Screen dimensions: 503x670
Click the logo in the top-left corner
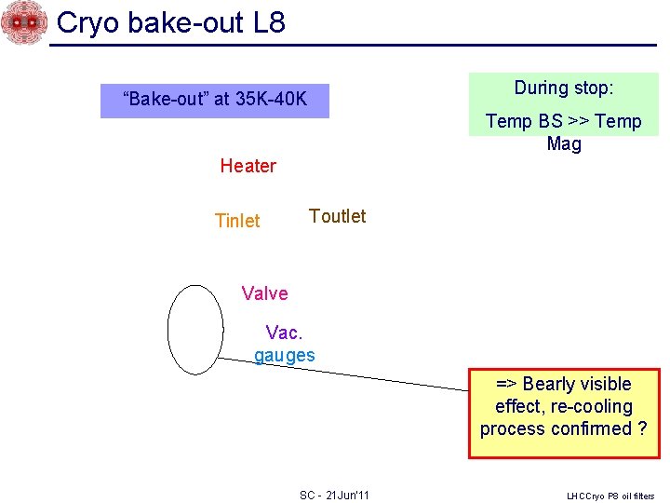(x=23, y=22)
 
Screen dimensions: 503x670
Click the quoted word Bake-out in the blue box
(x=165, y=99)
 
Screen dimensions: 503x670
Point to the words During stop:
(x=563, y=88)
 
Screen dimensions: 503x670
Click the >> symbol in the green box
(x=577, y=122)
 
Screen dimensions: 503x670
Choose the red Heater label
(x=248, y=167)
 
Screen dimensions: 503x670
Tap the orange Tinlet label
(x=237, y=221)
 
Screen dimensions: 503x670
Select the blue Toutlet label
(x=337, y=216)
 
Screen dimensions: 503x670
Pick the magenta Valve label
(x=264, y=293)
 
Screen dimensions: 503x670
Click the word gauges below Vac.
(x=285, y=355)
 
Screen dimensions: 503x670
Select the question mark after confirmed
(x=641, y=429)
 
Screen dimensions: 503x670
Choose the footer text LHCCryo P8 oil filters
(x=610, y=496)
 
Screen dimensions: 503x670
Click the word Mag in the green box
(x=564, y=144)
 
